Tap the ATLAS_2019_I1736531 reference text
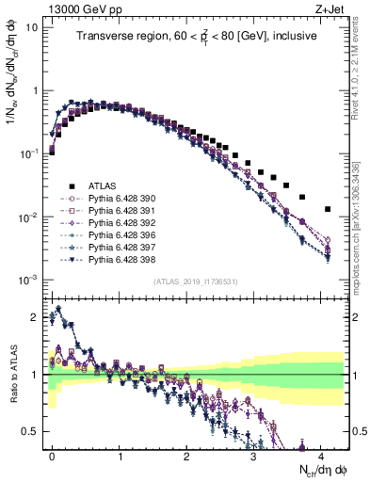click(x=195, y=282)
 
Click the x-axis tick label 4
click(x=322, y=454)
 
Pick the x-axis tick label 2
click(x=187, y=454)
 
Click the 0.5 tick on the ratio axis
click(x=30, y=432)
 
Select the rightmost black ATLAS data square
click(x=327, y=209)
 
